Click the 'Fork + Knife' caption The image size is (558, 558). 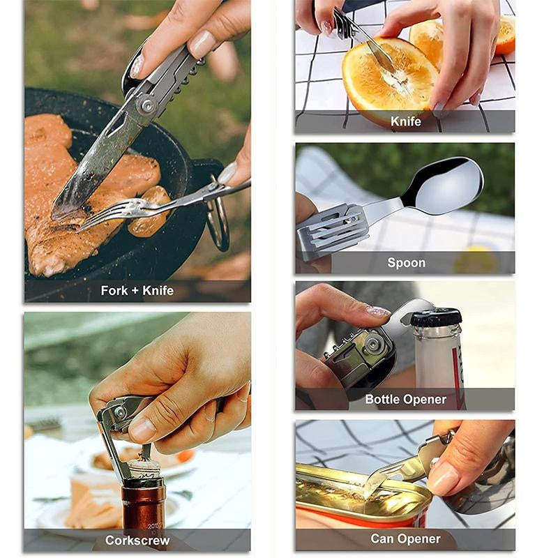click(137, 291)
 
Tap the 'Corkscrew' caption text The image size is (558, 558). click(137, 540)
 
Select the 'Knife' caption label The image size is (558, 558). click(405, 121)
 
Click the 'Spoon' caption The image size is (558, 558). click(405, 262)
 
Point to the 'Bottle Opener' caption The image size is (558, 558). click(405, 399)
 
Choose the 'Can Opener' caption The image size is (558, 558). click(405, 538)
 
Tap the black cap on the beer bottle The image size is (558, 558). click(436, 318)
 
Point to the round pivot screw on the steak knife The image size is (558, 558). click(147, 105)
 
